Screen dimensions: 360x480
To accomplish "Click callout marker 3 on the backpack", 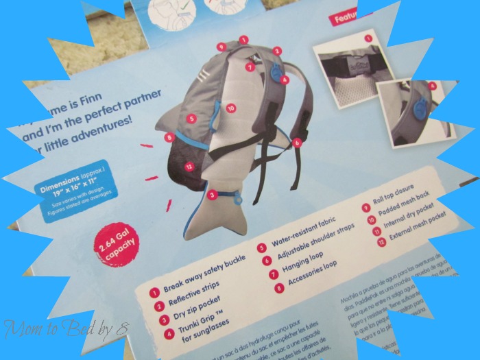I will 213,195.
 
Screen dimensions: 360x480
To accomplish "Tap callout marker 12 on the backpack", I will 188,165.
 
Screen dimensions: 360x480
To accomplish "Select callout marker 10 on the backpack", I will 230,108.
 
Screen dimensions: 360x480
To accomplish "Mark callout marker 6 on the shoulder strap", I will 298,143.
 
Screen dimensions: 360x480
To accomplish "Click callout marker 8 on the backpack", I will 169,137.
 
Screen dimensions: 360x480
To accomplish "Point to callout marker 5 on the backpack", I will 191,119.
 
